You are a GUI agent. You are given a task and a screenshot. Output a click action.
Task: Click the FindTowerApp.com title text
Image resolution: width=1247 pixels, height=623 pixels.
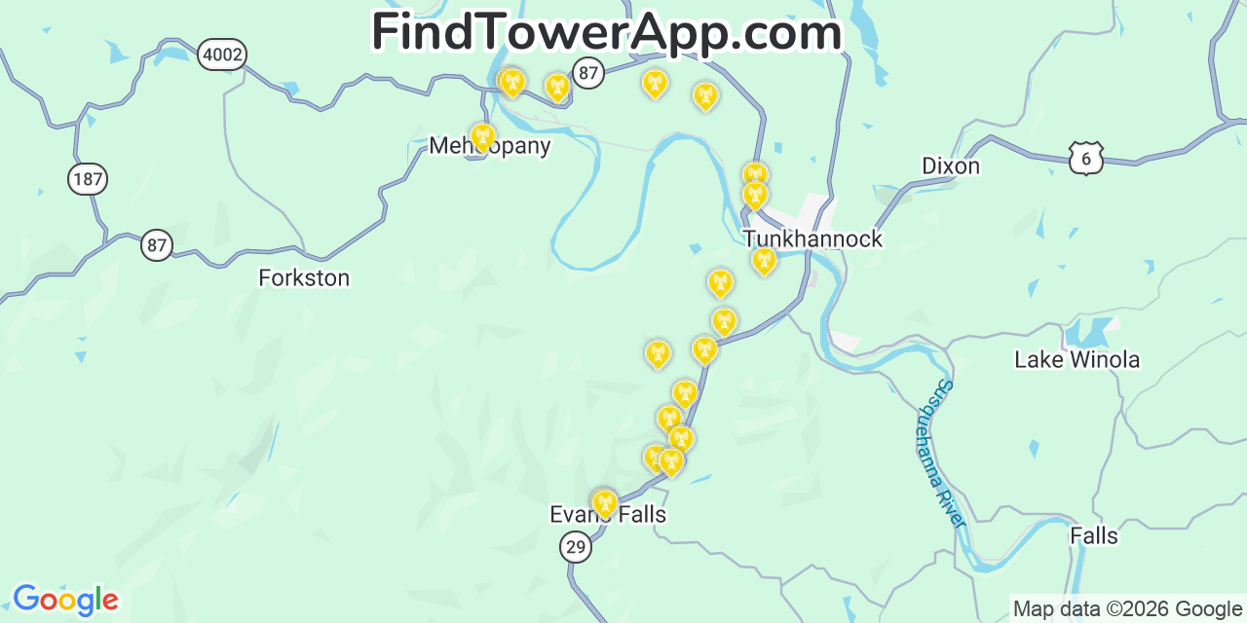(x=606, y=33)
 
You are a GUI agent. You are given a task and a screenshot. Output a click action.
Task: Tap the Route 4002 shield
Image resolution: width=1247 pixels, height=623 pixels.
(x=221, y=55)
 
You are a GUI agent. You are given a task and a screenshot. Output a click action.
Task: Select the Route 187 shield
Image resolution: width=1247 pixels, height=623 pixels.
(x=88, y=179)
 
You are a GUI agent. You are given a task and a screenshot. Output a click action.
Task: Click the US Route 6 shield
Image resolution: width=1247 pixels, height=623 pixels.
(x=1085, y=159)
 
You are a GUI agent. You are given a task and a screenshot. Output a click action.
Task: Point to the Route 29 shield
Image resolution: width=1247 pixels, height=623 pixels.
(x=576, y=547)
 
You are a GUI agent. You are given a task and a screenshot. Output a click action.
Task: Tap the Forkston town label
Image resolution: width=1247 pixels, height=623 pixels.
(x=304, y=278)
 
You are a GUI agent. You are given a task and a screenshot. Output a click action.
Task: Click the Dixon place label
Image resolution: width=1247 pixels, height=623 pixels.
(x=951, y=166)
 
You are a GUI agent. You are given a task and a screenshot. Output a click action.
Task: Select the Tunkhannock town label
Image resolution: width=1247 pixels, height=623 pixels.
(x=812, y=239)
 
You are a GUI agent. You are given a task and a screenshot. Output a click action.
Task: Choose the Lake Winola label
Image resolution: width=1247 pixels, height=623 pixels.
(x=1077, y=360)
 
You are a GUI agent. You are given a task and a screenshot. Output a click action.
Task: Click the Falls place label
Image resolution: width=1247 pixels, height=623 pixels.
(x=1094, y=536)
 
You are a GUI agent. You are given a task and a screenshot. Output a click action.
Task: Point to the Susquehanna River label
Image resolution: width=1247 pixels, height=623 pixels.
(x=940, y=454)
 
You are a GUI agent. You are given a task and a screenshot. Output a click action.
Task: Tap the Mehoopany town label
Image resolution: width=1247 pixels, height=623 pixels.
(x=490, y=147)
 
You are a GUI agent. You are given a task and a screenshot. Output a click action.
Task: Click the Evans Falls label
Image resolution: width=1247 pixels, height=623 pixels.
(x=608, y=515)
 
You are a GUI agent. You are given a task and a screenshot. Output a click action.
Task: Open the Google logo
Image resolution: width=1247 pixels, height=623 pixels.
(x=65, y=600)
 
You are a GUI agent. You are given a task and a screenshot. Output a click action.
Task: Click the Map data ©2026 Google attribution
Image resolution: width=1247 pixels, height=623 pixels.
(x=1127, y=609)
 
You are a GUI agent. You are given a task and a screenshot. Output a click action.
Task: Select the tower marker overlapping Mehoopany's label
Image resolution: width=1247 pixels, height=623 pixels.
(x=481, y=136)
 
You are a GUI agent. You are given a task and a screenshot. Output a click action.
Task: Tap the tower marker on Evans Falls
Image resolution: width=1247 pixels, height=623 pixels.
(x=604, y=502)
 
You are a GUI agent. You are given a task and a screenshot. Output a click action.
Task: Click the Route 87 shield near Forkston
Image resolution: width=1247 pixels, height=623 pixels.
(x=156, y=245)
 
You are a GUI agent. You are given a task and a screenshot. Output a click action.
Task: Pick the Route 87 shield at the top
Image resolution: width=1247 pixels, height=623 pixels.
(x=588, y=72)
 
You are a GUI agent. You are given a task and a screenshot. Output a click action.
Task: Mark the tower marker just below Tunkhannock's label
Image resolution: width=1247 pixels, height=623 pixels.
(x=765, y=259)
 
